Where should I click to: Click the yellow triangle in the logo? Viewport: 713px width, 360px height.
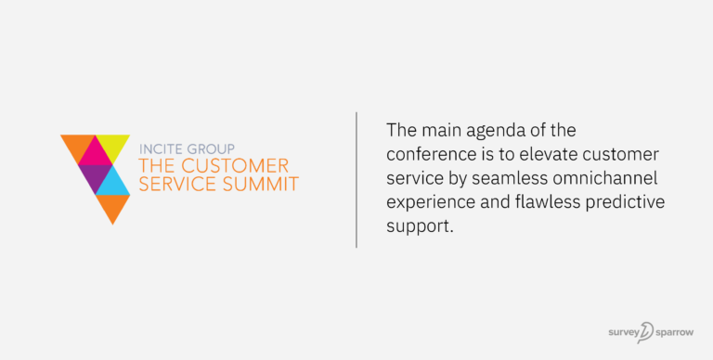point(116,147)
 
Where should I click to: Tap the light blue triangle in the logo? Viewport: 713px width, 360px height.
point(112,182)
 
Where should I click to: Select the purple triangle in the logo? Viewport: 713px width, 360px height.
point(93,174)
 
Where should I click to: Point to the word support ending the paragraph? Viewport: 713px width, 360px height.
point(419,225)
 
